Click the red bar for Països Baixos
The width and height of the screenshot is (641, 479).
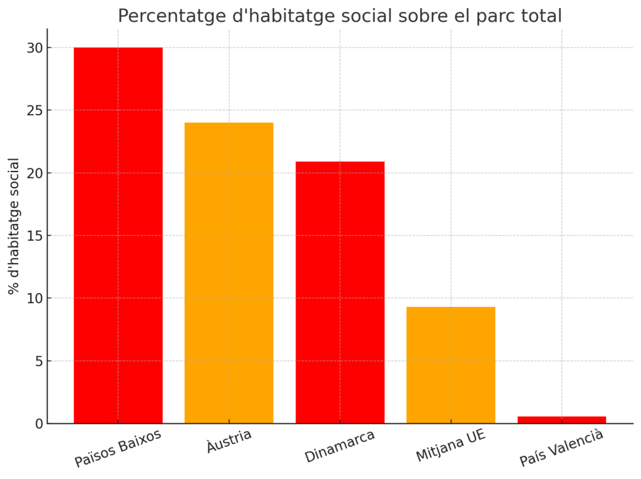pos(118,235)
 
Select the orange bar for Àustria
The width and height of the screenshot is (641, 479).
pos(228,272)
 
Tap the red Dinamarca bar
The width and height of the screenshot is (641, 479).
pos(340,292)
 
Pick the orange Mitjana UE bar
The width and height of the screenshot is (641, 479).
pos(451,364)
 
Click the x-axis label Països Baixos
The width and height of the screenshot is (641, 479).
pos(118,448)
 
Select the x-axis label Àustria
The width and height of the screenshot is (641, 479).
pos(229,441)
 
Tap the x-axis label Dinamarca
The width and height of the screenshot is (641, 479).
pos(340,446)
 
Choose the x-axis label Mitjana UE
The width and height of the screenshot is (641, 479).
pos(451,446)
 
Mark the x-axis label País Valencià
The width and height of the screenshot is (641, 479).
pos(562,448)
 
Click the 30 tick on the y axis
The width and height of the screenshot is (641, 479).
pos(35,48)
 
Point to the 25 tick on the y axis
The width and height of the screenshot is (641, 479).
pos(35,111)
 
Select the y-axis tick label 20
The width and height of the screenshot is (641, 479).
pos(35,173)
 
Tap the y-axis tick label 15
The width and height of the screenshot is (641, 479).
pos(35,236)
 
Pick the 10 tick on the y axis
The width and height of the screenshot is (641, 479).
pos(35,299)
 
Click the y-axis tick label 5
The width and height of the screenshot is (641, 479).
pos(39,361)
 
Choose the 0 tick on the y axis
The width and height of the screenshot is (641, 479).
pos(39,424)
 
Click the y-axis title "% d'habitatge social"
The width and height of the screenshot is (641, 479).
pos(14,225)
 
